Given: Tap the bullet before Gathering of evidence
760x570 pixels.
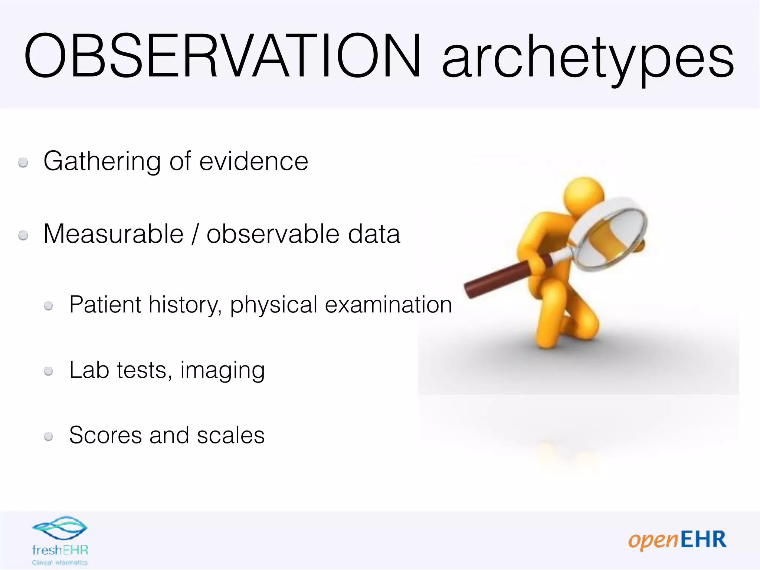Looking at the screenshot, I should tap(23, 163).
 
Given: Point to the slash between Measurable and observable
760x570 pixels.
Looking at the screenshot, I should tap(195, 235).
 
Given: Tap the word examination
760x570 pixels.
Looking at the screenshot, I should tap(388, 305).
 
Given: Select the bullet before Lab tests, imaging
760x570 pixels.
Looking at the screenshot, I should tap(48, 371).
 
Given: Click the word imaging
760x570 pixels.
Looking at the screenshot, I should tap(223, 371).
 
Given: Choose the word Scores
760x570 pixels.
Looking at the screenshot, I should tap(105, 435).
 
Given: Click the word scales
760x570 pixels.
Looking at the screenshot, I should tap(230, 435).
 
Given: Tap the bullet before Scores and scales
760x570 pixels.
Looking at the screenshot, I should tap(48, 436).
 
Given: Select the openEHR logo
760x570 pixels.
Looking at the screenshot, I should tap(677, 540).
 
